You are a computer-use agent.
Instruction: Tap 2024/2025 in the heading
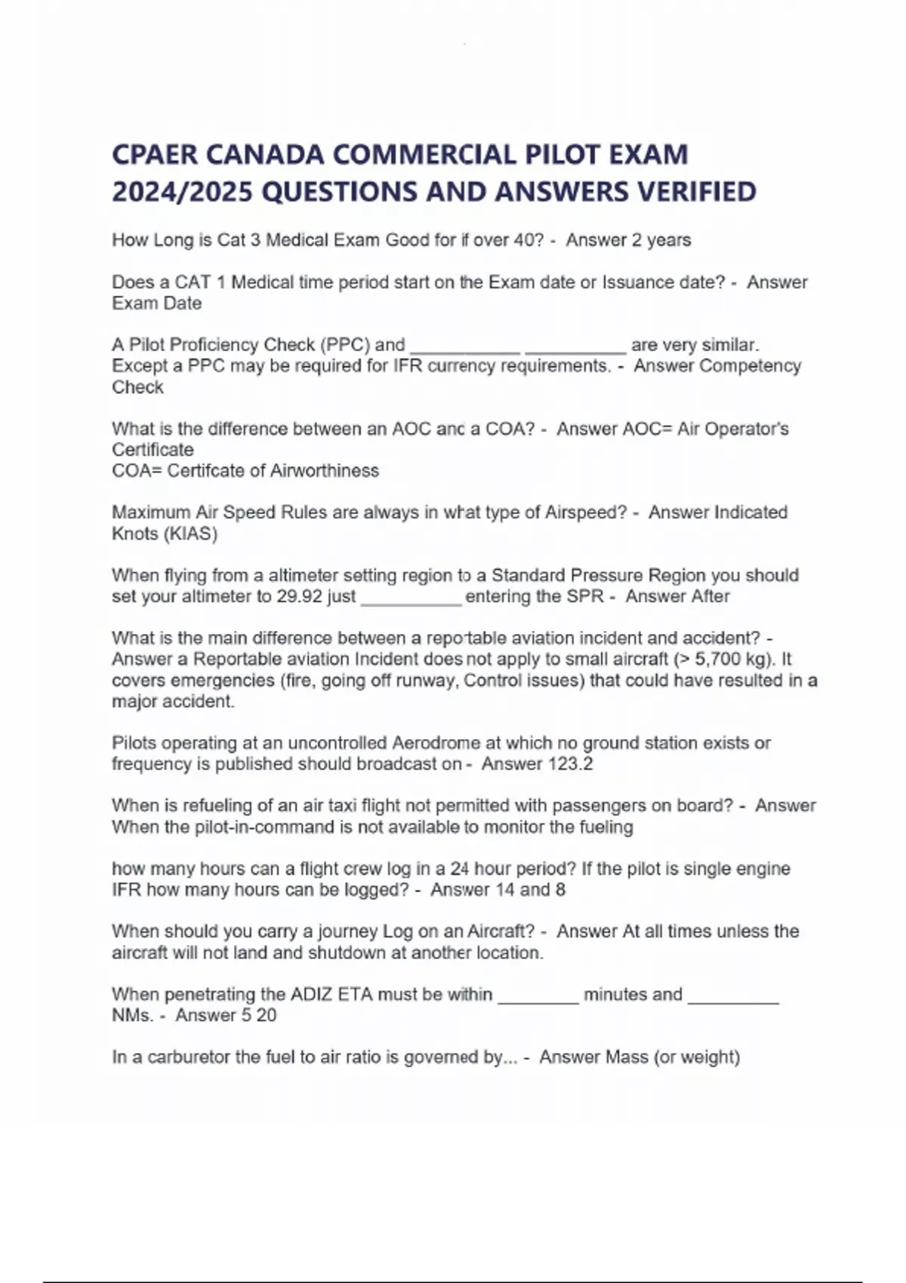182,192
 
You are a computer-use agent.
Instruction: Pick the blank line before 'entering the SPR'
411,600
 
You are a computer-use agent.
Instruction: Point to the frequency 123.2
570,764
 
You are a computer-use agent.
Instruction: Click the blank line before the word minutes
538,998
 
